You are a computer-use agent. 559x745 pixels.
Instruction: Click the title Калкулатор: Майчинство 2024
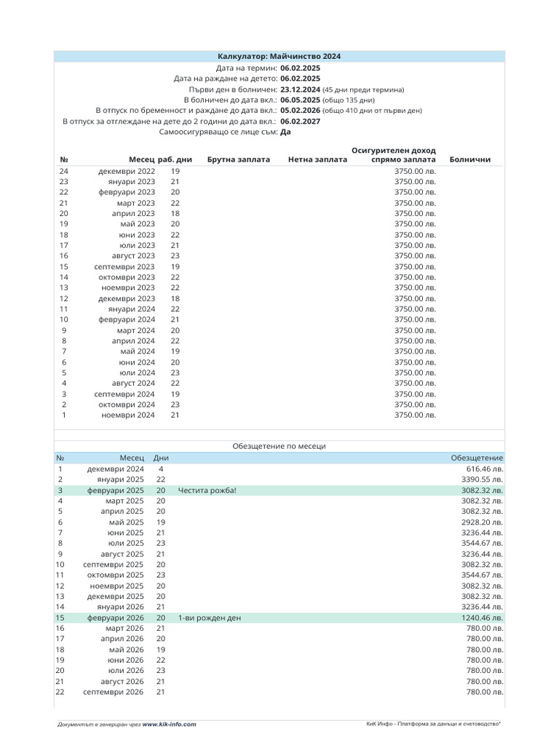tap(279, 56)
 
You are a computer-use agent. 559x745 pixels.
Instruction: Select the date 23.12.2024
tap(300, 89)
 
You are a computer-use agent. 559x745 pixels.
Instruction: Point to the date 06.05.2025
tap(300, 100)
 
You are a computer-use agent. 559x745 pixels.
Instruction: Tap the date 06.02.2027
tap(300, 121)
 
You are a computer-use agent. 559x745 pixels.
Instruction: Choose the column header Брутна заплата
tap(238, 159)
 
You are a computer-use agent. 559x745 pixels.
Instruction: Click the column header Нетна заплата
tap(317, 159)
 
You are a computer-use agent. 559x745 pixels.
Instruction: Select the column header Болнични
tap(470, 159)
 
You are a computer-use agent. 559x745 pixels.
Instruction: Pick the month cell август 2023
tap(133, 256)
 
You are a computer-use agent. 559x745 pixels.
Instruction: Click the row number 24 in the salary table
tap(64, 171)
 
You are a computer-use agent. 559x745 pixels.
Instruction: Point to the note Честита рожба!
tap(207, 491)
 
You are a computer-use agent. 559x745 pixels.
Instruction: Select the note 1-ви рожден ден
tap(209, 618)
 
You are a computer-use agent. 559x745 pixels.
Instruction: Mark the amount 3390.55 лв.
tap(481, 480)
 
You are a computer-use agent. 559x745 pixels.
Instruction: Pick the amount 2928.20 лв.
tap(481, 522)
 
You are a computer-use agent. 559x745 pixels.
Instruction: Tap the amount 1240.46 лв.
tap(481, 618)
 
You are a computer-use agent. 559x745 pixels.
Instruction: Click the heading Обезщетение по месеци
tap(279, 445)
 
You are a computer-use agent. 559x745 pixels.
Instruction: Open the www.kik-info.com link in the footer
tap(169, 725)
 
